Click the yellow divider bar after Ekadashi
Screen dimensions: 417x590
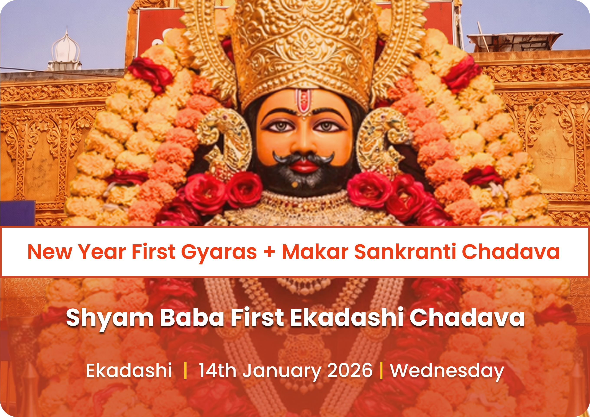pyautogui.click(x=185, y=371)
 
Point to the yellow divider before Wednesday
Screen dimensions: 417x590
pyautogui.click(x=381, y=371)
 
